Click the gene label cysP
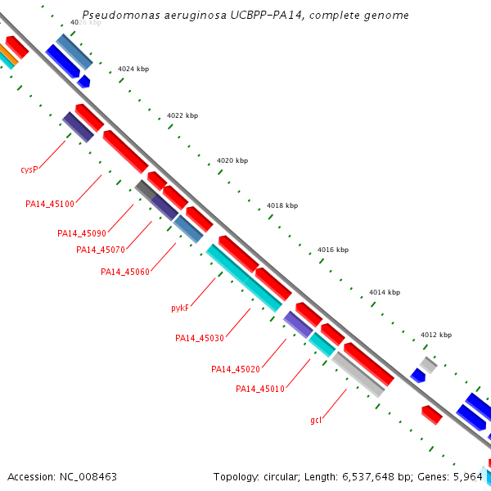click(29, 169)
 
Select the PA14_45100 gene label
click(50, 204)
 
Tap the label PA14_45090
click(82, 233)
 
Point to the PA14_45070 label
click(101, 250)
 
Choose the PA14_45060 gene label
click(125, 272)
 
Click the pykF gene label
click(180, 309)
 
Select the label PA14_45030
click(200, 338)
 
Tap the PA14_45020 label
click(236, 369)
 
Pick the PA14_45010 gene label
click(260, 389)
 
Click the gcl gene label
click(316, 420)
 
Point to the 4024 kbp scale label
click(133, 70)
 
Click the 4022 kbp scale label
click(182, 115)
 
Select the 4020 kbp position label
click(232, 160)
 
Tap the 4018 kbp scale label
click(282, 205)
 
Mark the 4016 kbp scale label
click(333, 250)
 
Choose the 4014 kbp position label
click(385, 292)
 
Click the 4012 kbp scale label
click(436, 335)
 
